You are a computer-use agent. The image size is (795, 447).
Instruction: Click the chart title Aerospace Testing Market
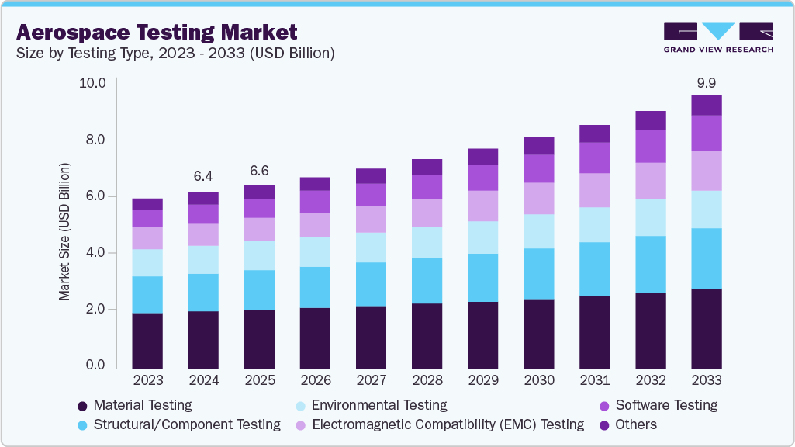point(156,32)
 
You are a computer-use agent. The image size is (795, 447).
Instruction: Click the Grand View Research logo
point(717,37)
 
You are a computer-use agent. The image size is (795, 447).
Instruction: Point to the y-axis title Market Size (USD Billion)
point(64,232)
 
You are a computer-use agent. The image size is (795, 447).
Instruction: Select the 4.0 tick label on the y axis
point(95,253)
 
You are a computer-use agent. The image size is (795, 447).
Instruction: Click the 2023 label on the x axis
point(147,380)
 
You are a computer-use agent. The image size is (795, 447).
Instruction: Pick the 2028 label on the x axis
point(427,380)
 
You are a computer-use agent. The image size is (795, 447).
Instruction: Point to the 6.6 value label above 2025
point(259,171)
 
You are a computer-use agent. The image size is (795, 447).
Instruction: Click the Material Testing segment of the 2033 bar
point(706,328)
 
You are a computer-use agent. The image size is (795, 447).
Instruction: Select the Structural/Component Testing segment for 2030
point(538,273)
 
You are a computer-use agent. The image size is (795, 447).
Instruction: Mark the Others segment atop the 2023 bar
point(147,204)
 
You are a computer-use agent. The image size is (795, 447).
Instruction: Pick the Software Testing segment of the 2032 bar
point(650,147)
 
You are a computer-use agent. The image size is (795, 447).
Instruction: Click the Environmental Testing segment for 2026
point(315,252)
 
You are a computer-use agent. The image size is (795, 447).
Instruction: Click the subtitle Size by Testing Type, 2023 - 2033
point(175,54)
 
